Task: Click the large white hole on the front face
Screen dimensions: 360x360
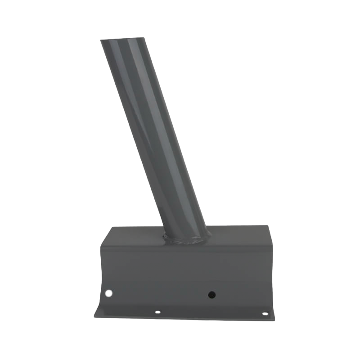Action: coord(108,293)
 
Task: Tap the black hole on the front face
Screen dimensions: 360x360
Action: coord(211,295)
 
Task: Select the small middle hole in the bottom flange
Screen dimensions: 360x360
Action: coord(157,311)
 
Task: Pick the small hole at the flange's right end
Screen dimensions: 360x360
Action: coord(265,314)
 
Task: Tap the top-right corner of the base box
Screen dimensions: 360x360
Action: coord(268,226)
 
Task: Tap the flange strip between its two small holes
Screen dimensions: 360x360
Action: coord(211,313)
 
